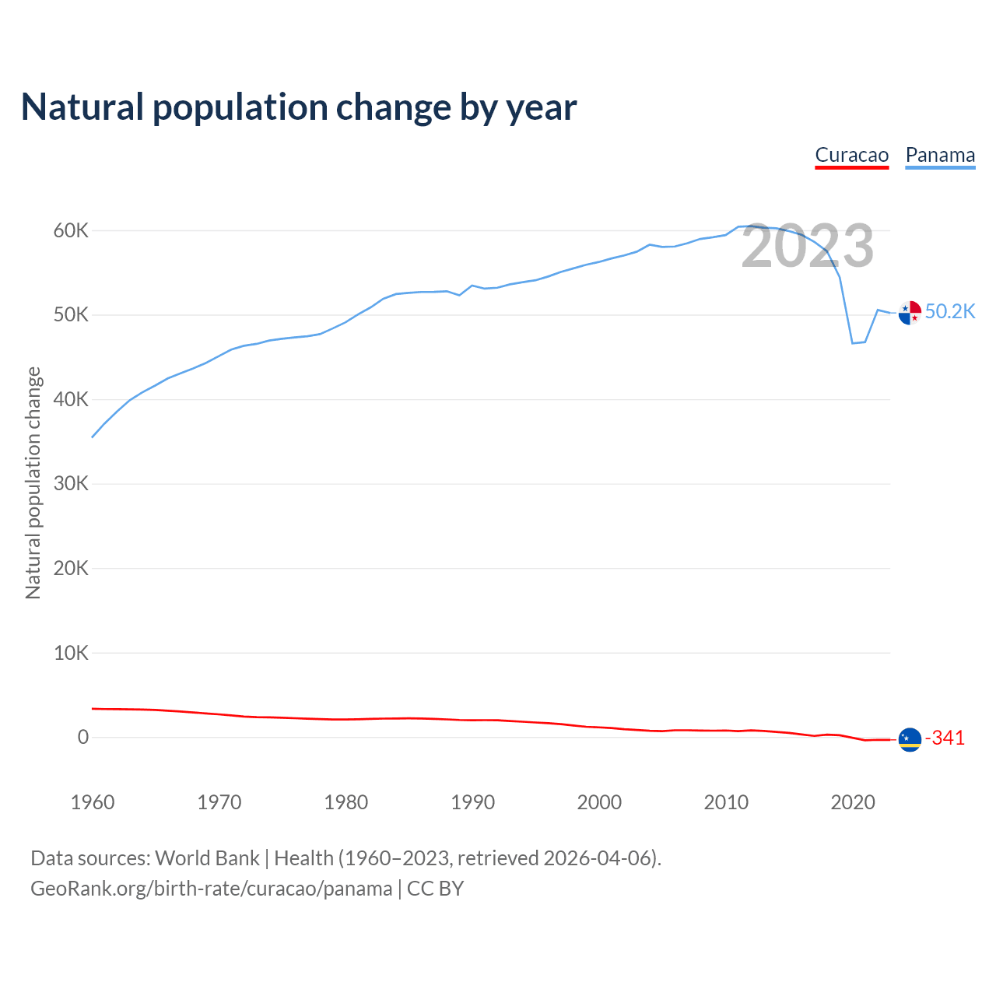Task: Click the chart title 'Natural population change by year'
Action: coord(299,107)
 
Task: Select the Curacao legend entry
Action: coord(851,155)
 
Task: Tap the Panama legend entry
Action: coord(940,155)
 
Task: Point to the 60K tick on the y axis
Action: coord(72,231)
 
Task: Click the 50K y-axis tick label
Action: coord(72,315)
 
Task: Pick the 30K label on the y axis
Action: coord(72,484)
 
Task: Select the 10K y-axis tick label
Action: coord(72,653)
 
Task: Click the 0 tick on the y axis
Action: coord(83,738)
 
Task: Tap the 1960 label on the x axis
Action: coord(93,802)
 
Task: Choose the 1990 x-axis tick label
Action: coord(473,802)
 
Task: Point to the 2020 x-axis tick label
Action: coord(853,802)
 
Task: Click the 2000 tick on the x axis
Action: coord(599,802)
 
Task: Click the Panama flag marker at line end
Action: coord(910,313)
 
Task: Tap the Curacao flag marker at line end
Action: coord(910,739)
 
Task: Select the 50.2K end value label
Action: coord(950,312)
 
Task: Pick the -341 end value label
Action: coord(945,738)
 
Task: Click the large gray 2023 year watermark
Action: coord(808,247)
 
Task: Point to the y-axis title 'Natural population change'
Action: coord(33,483)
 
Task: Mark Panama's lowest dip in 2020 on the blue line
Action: coord(852,343)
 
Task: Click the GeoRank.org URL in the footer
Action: coord(211,889)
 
